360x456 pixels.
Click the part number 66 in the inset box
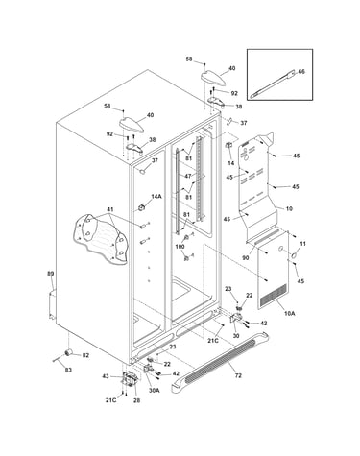click(301, 72)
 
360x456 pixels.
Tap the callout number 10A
click(289, 314)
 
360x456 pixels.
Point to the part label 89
click(51, 274)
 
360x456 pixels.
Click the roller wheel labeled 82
click(68, 352)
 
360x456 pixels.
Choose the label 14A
click(156, 197)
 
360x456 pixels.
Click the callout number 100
click(180, 247)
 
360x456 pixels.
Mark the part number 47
click(188, 176)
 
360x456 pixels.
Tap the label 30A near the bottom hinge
click(154, 390)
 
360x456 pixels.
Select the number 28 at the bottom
click(136, 400)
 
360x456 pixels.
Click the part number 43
click(106, 376)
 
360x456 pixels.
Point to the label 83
click(68, 370)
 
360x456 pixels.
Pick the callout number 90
click(246, 258)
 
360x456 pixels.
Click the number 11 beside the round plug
click(302, 244)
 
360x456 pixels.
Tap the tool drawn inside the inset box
click(273, 84)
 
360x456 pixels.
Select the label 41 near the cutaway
click(110, 209)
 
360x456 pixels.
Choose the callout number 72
click(238, 375)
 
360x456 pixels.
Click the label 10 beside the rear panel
click(289, 209)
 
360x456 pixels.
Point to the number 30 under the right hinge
click(236, 336)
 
